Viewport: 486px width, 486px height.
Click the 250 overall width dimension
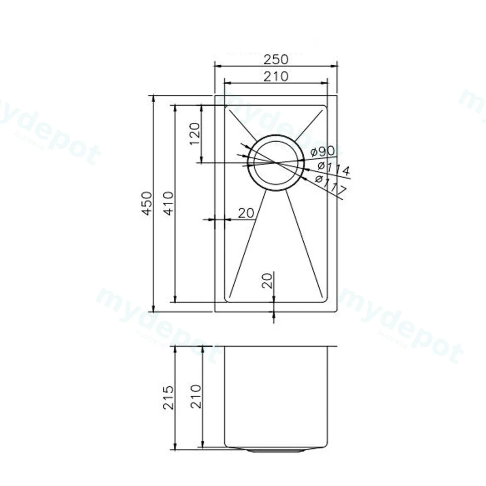point(276,60)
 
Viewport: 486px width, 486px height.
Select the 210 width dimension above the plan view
point(276,77)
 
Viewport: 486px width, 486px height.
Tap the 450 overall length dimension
point(147,203)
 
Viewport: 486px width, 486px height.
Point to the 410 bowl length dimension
point(168,203)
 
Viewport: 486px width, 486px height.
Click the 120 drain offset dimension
point(195,134)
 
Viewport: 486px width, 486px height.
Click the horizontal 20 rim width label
point(246,213)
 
